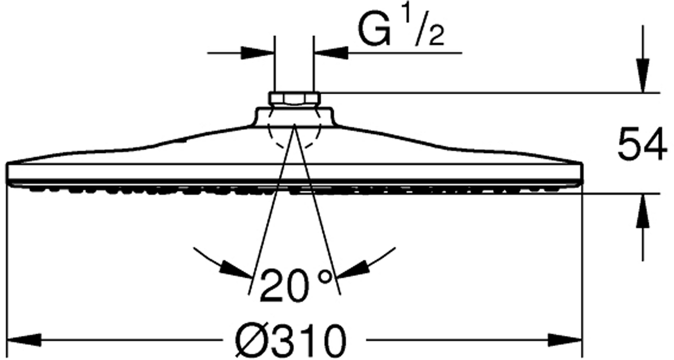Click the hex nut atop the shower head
[294, 98]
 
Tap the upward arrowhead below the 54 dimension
[642, 211]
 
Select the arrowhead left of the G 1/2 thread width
[258, 53]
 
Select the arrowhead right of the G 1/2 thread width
[331, 53]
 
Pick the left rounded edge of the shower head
[9, 173]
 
